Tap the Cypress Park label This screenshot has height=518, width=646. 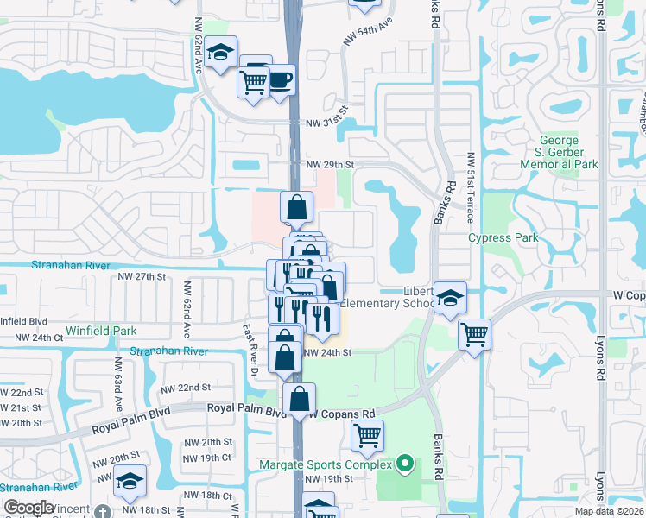point(503,237)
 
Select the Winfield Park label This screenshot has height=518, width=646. point(101,331)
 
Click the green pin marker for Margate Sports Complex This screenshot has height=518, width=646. point(402,464)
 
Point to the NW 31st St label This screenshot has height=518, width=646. point(326,123)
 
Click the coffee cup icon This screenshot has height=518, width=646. point(280,80)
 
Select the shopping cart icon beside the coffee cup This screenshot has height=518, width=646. point(254,83)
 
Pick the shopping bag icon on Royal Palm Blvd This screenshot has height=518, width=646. point(299,399)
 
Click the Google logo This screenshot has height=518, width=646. point(29,508)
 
